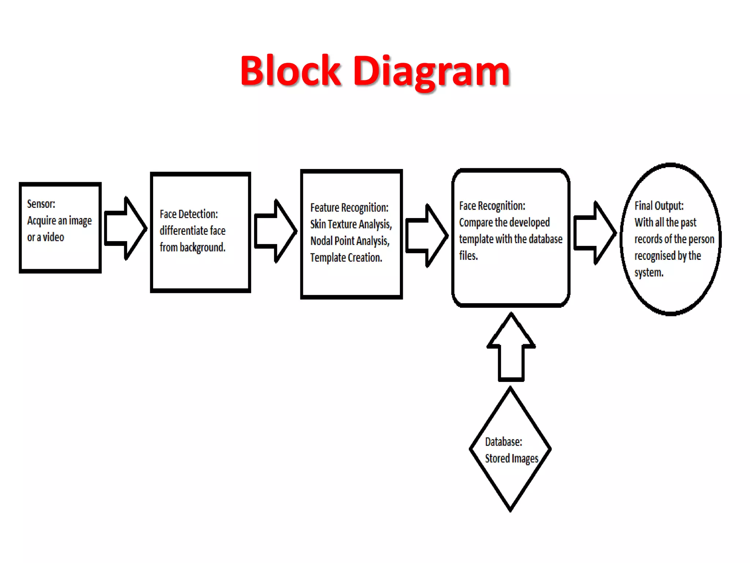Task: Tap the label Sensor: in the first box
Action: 41,204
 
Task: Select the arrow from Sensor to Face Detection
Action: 125,228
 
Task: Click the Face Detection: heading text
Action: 189,214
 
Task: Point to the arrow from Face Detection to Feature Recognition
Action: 275,231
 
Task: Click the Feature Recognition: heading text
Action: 349,207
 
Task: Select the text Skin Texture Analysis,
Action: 351,224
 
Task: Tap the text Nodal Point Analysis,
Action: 350,241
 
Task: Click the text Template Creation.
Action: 346,258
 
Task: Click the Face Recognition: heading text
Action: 492,206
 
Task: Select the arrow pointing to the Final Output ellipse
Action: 594,233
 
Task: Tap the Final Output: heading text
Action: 659,206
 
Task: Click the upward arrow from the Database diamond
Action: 511,348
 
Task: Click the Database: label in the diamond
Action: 504,442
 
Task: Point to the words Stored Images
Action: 511,459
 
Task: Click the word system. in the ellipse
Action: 649,273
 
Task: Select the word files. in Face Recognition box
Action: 468,256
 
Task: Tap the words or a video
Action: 45,238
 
